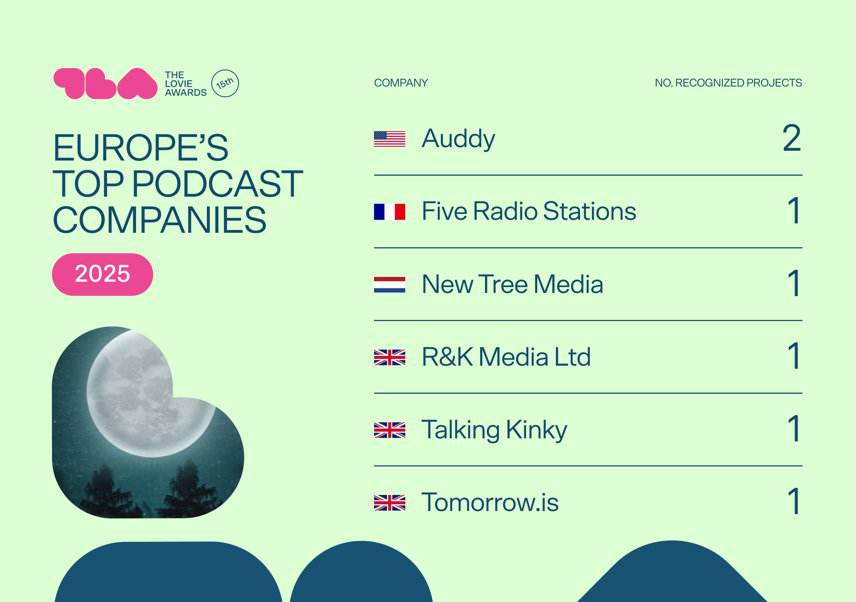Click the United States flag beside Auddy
click(x=390, y=139)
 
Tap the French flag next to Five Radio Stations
click(x=390, y=212)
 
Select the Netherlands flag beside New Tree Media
click(x=390, y=285)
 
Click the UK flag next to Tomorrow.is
click(x=390, y=503)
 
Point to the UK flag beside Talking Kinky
click(x=390, y=430)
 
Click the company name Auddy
click(x=458, y=139)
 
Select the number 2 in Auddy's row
click(x=792, y=138)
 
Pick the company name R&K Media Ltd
click(x=506, y=357)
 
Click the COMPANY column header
click(x=401, y=83)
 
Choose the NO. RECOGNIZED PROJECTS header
click(x=728, y=83)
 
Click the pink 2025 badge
click(x=103, y=274)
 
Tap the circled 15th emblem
click(x=225, y=83)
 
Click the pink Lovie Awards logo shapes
click(x=105, y=83)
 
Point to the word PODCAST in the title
click(x=218, y=184)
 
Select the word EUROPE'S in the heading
click(x=140, y=148)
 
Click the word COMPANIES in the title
click(x=160, y=220)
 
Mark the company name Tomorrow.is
click(x=490, y=503)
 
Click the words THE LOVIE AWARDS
click(x=185, y=84)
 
